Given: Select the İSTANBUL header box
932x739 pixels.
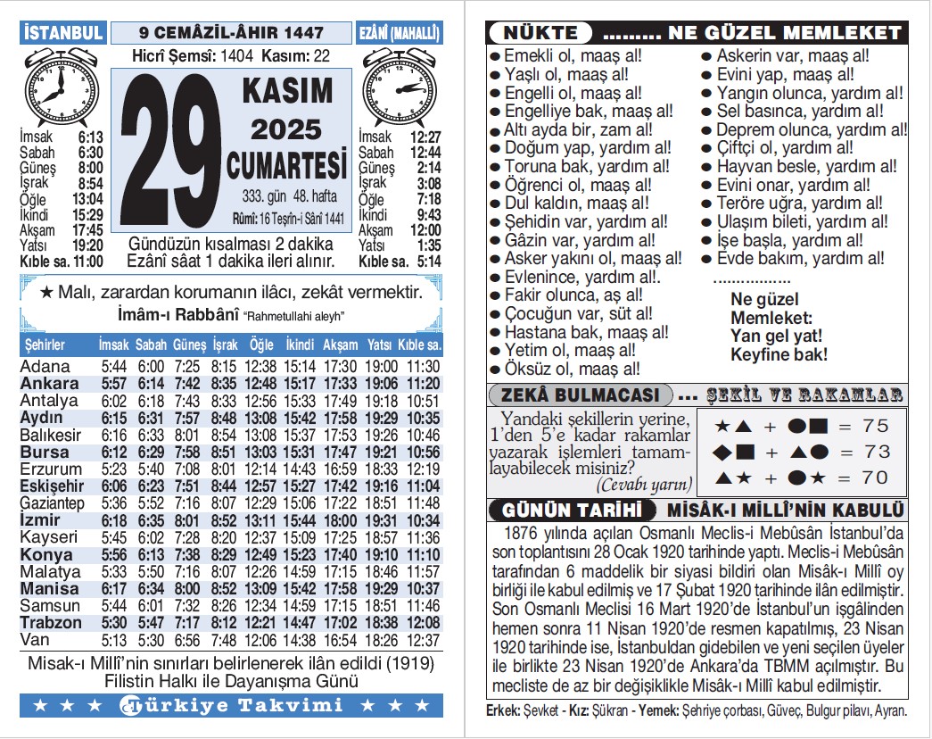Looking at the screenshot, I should (x=62, y=33).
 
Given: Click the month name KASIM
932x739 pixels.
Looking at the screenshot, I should (x=286, y=91).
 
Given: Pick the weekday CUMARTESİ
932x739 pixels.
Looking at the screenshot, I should (x=286, y=166).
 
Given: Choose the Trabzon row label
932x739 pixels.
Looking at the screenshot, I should (x=52, y=622).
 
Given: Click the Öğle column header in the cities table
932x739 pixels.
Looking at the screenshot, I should (x=262, y=345).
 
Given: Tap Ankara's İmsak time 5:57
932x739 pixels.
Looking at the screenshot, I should (x=114, y=384).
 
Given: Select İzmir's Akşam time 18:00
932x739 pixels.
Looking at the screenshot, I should (x=340, y=520).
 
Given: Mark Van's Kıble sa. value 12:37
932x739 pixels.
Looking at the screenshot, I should (x=422, y=640).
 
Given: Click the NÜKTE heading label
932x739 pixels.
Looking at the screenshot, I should (x=540, y=34).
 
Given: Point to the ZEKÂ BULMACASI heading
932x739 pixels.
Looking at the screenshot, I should (x=580, y=394).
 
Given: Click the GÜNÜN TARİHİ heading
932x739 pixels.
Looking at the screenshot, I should (x=572, y=511).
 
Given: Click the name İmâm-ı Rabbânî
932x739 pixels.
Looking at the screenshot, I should (x=178, y=316).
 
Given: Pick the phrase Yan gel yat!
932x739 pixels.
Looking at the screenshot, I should (x=776, y=336).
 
